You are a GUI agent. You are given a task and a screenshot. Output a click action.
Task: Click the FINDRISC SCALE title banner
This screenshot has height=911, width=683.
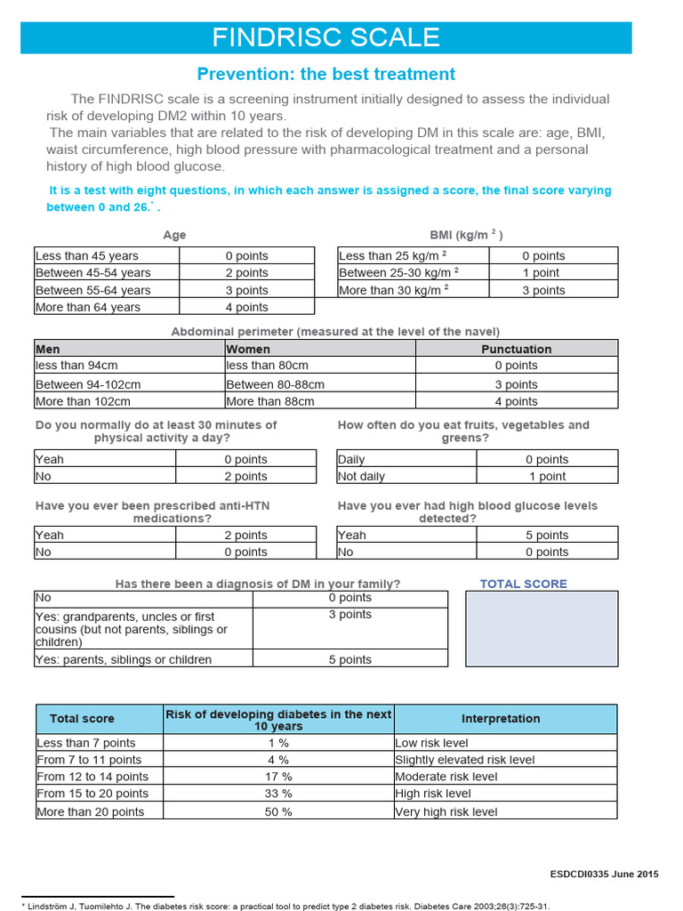pos(325,37)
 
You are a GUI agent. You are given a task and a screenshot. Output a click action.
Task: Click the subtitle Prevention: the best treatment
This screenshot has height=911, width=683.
pos(325,74)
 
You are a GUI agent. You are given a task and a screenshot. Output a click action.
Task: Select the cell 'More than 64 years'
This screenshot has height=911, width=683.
pos(107,307)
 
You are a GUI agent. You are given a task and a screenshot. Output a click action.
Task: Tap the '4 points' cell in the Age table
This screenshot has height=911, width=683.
pos(246,307)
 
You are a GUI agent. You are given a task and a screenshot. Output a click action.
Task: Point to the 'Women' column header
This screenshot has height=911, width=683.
pos(319,349)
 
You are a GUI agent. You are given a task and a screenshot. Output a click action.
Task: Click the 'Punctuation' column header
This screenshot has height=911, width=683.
pos(516,349)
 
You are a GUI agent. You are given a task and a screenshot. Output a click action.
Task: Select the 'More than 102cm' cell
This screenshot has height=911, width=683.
pos(129,401)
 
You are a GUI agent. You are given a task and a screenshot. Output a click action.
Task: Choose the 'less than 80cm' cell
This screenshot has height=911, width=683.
pos(319,366)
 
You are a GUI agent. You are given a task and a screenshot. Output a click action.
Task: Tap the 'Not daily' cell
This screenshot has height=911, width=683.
pos(406,476)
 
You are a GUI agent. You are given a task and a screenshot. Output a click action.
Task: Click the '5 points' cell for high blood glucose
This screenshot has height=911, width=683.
pos(547,535)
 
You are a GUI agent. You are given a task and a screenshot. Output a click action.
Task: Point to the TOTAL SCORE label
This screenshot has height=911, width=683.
pos(523,584)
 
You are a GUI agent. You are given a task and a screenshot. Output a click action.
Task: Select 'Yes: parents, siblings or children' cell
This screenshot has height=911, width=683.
pos(143,659)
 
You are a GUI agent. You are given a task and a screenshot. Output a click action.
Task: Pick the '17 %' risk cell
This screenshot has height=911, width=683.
pos(278,777)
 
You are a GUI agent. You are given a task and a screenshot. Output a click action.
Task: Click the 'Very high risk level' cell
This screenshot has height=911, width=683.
pos(504,811)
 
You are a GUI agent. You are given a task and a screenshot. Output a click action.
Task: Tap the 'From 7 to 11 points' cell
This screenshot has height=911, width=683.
pos(98,760)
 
